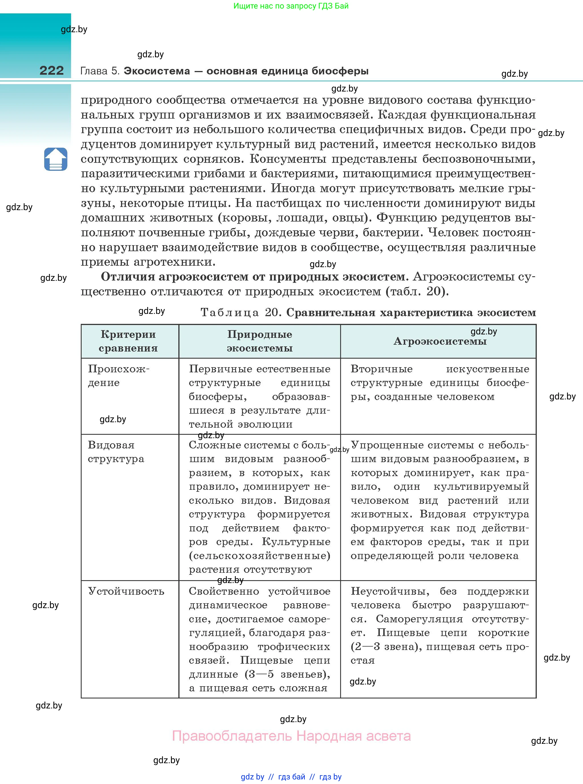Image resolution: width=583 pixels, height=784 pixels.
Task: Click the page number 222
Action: tap(52, 70)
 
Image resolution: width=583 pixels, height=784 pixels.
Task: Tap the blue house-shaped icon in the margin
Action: tap(56, 159)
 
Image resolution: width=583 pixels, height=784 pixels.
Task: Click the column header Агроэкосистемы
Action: tap(440, 341)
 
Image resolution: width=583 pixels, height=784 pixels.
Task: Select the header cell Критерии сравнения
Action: tap(128, 341)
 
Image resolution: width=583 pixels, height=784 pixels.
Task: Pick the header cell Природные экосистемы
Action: tap(259, 341)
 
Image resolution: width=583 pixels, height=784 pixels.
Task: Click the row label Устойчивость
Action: tap(126, 591)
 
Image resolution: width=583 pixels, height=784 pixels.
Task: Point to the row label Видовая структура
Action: tap(116, 452)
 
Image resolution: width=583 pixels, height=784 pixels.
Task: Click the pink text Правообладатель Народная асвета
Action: tap(291, 736)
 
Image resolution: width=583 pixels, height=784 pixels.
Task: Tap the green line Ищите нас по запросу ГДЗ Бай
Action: tap(291, 6)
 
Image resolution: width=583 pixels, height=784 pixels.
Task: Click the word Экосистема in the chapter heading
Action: tap(157, 71)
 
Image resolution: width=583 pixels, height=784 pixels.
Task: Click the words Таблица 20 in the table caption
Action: tap(240, 312)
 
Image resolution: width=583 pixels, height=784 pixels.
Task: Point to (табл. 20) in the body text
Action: tap(417, 292)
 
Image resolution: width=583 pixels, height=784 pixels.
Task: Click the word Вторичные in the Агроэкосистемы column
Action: tap(381, 369)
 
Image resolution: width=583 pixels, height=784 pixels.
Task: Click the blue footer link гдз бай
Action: tap(292, 777)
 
